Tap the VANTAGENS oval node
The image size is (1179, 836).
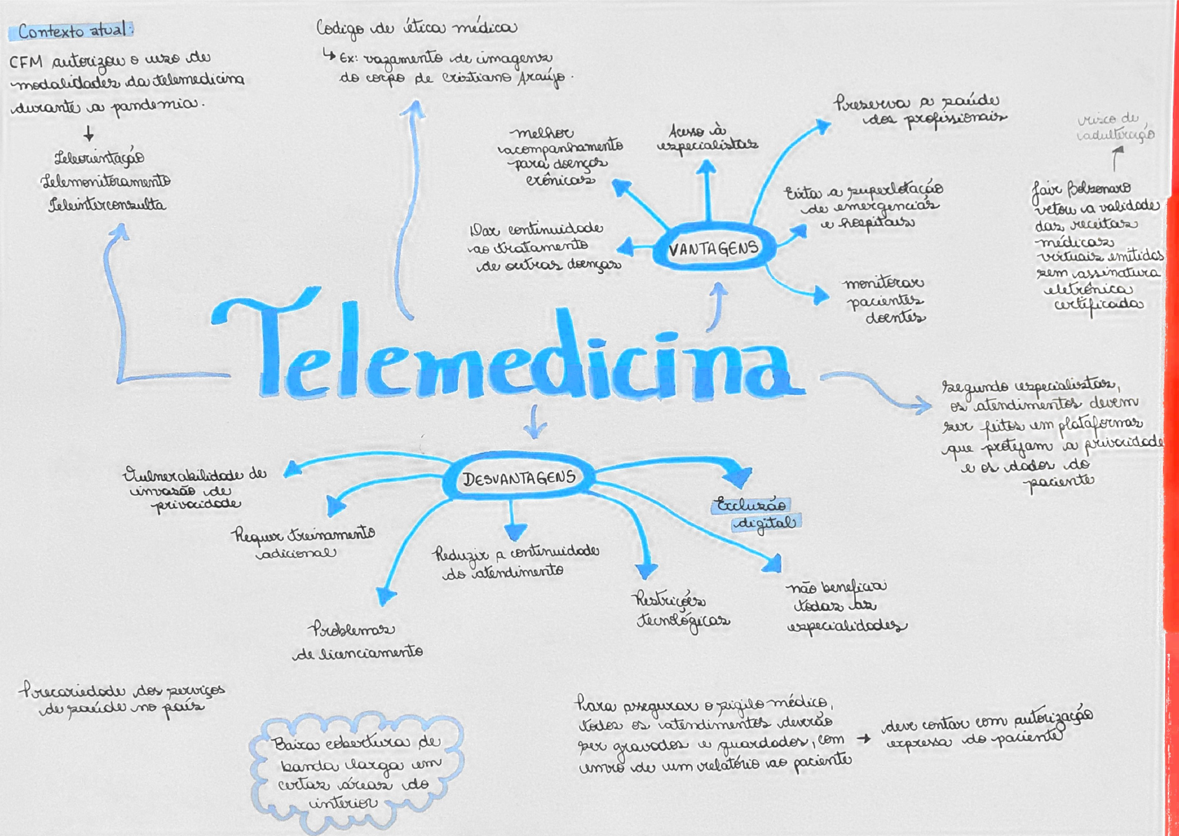pyautogui.click(x=713, y=249)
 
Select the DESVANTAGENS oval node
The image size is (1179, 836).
pyautogui.click(x=519, y=479)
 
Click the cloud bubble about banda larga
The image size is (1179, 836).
pyautogui.click(x=357, y=772)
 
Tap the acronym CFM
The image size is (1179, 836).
pyautogui.click(x=26, y=62)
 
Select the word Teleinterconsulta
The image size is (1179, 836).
pyautogui.click(x=106, y=206)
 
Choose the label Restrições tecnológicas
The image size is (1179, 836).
pyautogui.click(x=682, y=610)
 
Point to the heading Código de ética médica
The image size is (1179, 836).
pyautogui.click(x=416, y=28)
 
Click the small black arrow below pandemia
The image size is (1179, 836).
pyautogui.click(x=89, y=133)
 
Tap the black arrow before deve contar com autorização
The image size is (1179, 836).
pyautogui.click(x=864, y=738)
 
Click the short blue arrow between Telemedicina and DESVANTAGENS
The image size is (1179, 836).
pyautogui.click(x=535, y=421)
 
